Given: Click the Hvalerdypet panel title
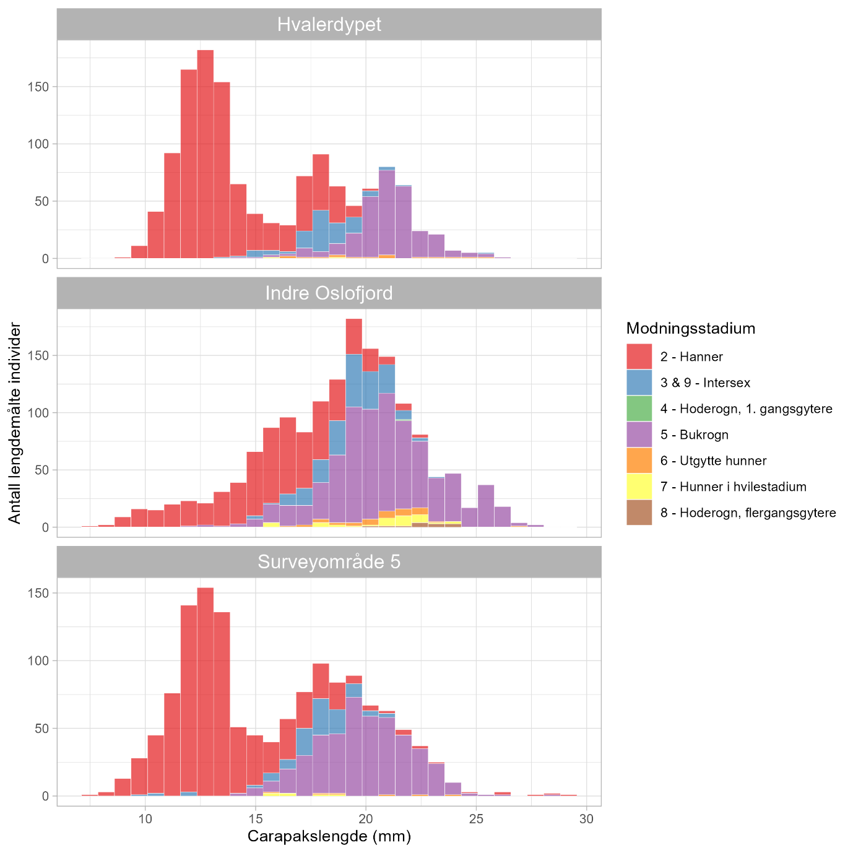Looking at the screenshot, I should pyautogui.click(x=329, y=24).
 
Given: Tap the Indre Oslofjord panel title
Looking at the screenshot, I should pyautogui.click(x=329, y=293).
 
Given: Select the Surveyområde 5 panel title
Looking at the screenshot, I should pyautogui.click(x=329, y=561).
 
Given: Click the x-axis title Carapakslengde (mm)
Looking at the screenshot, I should pyautogui.click(x=329, y=836).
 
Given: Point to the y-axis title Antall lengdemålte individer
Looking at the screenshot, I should pyautogui.click(x=15, y=423).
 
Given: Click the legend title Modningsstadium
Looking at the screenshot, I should pyautogui.click(x=690, y=328).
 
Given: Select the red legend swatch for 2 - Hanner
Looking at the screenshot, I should pyautogui.click(x=639, y=357).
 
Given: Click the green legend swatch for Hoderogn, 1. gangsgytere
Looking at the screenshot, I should pyautogui.click(x=639, y=409).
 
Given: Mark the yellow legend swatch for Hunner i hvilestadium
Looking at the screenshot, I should pyautogui.click(x=639, y=487).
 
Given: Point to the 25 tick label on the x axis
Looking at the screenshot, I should pyautogui.click(x=476, y=819).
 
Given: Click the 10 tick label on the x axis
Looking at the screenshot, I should pyautogui.click(x=145, y=819).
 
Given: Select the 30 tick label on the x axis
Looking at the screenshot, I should pyautogui.click(x=586, y=819).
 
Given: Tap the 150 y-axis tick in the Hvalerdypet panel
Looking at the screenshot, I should pyautogui.click(x=41, y=87).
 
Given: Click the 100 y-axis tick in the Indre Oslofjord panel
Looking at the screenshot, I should pyautogui.click(x=41, y=413).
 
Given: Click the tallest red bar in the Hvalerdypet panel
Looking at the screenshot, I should pyautogui.click(x=206, y=155).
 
